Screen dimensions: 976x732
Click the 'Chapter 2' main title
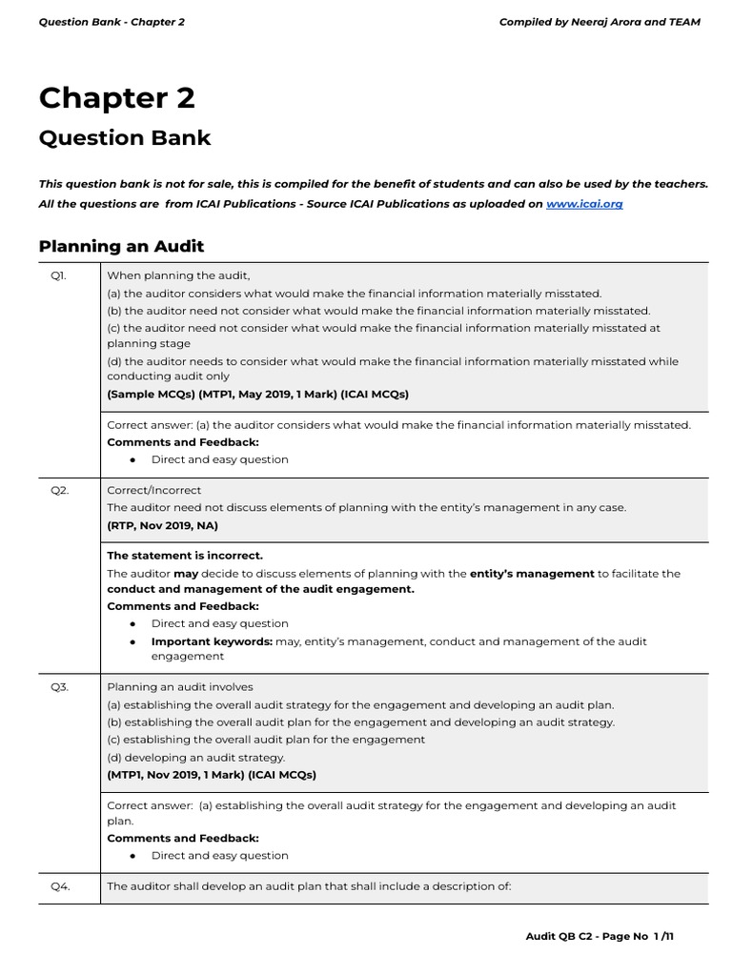tap(116, 98)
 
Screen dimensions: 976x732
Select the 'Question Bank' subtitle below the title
tap(124, 138)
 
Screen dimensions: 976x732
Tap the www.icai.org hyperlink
tap(584, 204)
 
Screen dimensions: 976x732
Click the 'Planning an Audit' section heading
tap(121, 247)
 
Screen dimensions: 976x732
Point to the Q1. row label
tap(59, 275)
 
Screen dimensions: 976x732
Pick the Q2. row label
tap(59, 491)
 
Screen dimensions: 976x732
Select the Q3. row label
tap(59, 687)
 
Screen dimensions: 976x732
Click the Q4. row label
tap(59, 886)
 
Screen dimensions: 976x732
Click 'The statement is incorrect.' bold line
tap(185, 556)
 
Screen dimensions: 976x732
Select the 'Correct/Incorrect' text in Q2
tap(153, 491)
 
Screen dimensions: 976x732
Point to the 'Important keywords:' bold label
tap(212, 641)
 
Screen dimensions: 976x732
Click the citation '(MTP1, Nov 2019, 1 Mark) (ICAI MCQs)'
tap(212, 775)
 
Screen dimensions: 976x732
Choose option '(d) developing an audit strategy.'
tap(195, 758)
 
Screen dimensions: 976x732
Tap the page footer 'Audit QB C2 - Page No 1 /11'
tap(600, 937)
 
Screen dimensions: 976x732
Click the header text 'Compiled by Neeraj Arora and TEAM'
tap(600, 22)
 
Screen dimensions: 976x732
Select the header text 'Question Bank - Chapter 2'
tap(112, 22)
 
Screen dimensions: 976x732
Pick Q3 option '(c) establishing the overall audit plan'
tap(266, 740)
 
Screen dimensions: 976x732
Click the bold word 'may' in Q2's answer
tap(186, 574)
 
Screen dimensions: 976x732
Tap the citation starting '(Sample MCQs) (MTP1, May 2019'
tap(257, 394)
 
